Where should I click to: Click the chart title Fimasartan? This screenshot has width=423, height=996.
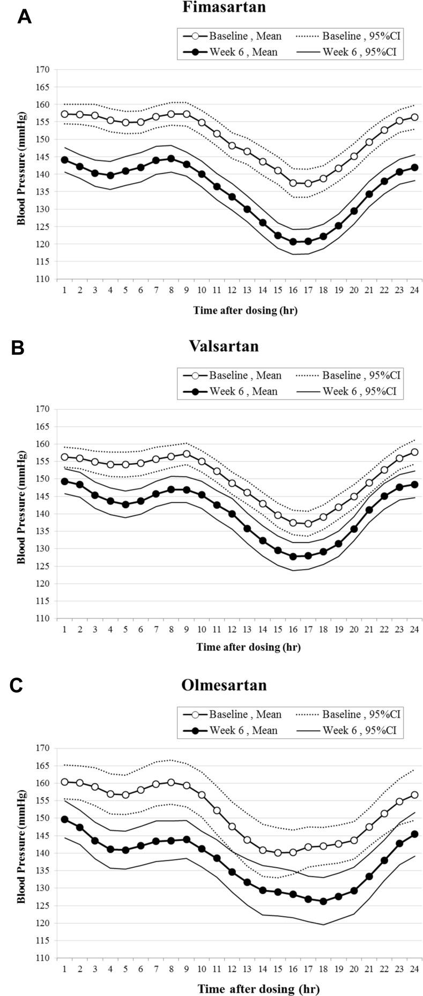[x=224, y=8]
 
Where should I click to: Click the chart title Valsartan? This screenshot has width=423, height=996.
[x=224, y=346]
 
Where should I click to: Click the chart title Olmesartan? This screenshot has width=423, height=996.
[x=224, y=685]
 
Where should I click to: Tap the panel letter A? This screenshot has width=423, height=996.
[x=24, y=17]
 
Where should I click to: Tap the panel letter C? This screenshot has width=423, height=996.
[x=17, y=686]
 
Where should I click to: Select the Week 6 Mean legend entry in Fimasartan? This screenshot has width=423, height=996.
[x=231, y=52]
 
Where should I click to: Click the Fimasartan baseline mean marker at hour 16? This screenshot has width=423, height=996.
[x=293, y=183]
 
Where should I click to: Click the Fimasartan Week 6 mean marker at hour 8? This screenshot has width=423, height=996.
[x=171, y=159]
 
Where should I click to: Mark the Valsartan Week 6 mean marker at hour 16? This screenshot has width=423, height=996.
[x=293, y=556]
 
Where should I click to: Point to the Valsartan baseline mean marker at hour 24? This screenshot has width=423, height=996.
[x=414, y=452]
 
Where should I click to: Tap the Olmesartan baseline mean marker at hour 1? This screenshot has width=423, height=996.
[x=65, y=782]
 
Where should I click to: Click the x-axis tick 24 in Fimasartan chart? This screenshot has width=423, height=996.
[x=414, y=290]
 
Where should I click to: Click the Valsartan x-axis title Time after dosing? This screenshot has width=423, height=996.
[x=248, y=647]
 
